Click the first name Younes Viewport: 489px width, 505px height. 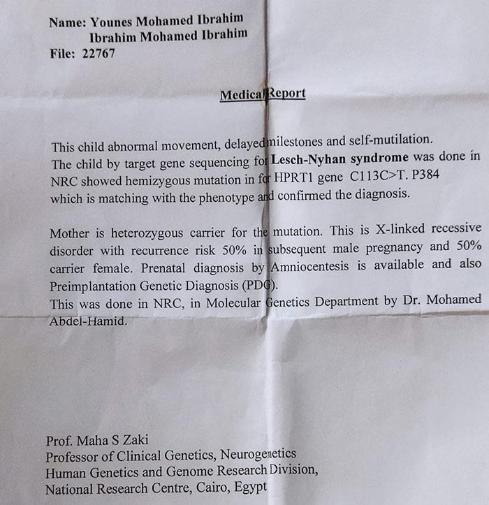113,21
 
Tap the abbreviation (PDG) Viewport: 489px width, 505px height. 263,285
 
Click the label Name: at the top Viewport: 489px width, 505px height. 67,22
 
